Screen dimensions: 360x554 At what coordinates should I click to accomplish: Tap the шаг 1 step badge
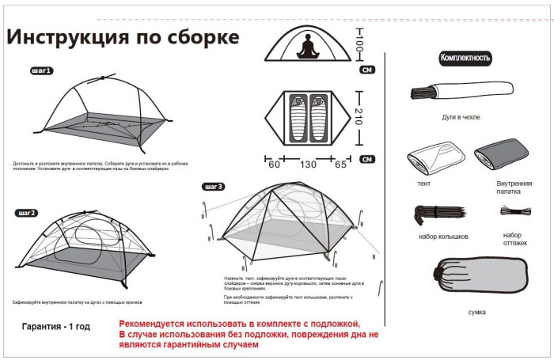41,70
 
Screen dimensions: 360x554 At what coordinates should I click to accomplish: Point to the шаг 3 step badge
214,187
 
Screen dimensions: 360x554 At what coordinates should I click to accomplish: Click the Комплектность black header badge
465,58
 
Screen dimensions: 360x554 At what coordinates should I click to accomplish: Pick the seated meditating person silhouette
306,48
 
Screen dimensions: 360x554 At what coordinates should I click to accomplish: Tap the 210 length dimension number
359,117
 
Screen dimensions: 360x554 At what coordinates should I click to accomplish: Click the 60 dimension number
274,165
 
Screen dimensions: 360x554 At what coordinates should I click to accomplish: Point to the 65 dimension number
341,165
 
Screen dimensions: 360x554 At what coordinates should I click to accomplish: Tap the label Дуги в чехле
461,117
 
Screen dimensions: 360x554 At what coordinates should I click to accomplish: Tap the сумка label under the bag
476,312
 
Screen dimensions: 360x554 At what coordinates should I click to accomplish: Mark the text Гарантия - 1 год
55,326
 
